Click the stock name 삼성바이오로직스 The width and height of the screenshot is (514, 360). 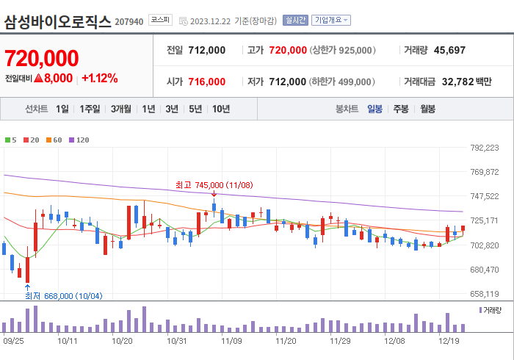click(x=58, y=21)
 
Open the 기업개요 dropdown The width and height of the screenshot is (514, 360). click(x=331, y=21)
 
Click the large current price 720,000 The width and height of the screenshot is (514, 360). click(x=42, y=58)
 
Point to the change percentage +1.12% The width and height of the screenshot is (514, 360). click(x=99, y=78)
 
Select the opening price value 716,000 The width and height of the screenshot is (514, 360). click(x=206, y=82)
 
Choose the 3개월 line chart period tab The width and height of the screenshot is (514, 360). click(x=121, y=109)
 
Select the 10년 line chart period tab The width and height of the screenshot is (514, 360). click(x=220, y=109)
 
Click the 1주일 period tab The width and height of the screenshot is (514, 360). click(x=90, y=109)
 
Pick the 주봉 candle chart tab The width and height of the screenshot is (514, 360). click(x=400, y=109)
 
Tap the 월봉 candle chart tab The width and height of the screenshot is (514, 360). click(x=427, y=109)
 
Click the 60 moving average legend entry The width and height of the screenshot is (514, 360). click(x=54, y=140)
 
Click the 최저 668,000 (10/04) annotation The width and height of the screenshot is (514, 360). click(x=63, y=295)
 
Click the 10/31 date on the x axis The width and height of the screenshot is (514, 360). click(x=177, y=341)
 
